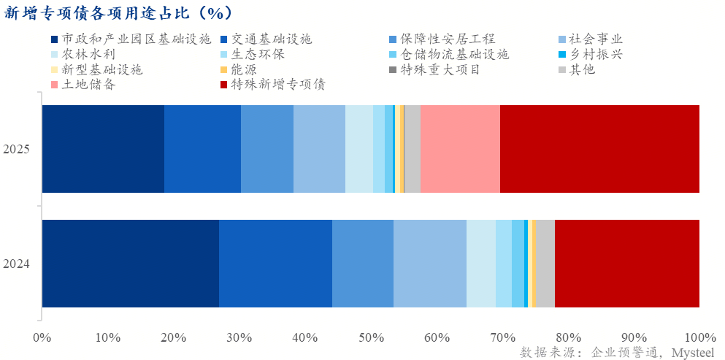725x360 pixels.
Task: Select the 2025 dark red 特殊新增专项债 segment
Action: (x=599, y=149)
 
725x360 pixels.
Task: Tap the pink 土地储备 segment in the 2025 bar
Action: (x=460, y=149)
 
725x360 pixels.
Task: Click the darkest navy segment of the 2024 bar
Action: (x=130, y=263)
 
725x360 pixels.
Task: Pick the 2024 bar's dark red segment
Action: (x=626, y=263)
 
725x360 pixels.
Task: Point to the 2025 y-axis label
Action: (x=16, y=150)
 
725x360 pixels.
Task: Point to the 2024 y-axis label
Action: (x=16, y=264)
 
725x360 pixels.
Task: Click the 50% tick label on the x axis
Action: (x=371, y=337)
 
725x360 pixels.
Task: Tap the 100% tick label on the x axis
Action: (x=699, y=337)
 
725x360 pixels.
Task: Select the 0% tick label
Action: (x=42, y=337)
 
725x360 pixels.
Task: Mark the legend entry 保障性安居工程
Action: (x=448, y=39)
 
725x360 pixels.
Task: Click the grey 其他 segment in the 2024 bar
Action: (x=545, y=263)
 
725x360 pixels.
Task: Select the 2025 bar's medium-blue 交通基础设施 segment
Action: (x=202, y=149)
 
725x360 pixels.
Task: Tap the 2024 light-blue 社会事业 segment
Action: (x=430, y=263)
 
